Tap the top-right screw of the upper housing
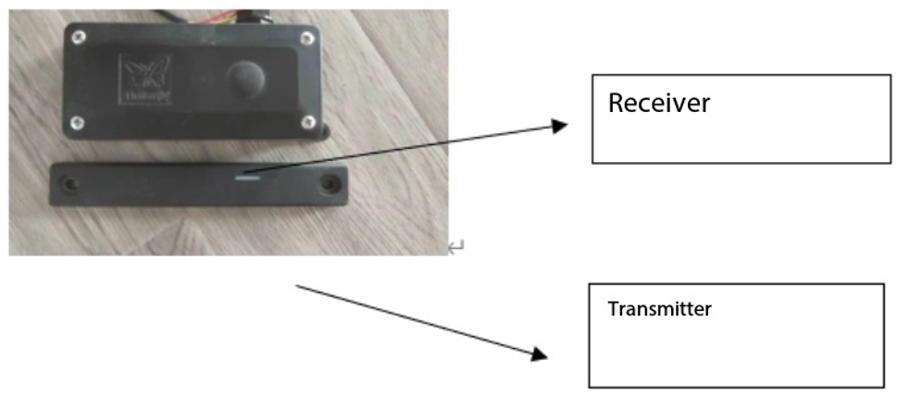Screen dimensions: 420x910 pos(306,38)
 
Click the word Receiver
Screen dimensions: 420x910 pos(658,103)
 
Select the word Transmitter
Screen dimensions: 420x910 pos(659,309)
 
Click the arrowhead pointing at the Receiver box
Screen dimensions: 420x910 pos(558,125)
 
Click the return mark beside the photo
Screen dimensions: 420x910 pos(455,247)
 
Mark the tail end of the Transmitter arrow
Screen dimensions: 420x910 pos(298,287)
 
